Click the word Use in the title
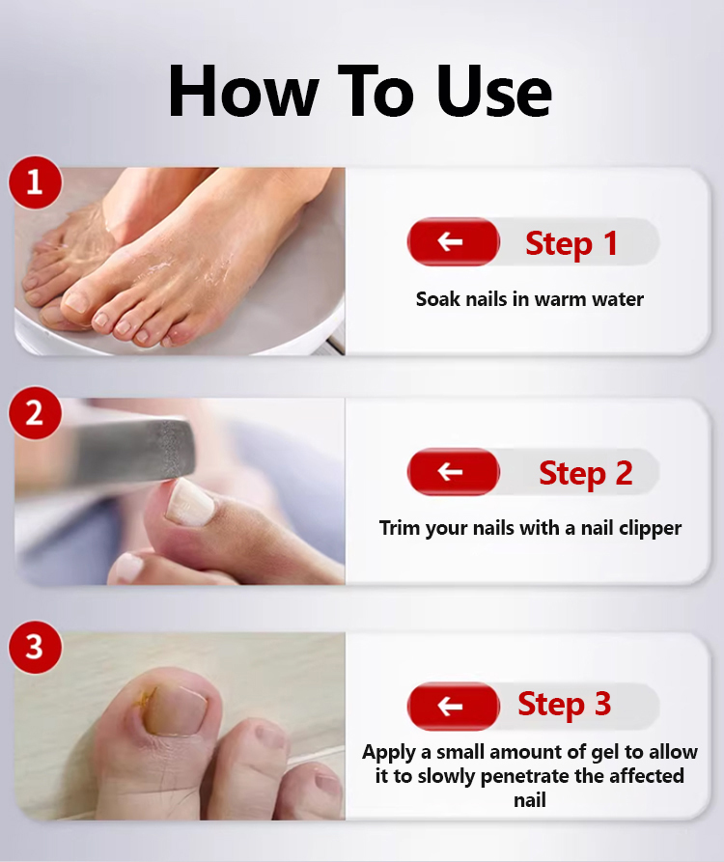coord(494,91)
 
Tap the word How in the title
coord(243,91)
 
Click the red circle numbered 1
coord(35,182)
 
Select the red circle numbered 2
coord(35,412)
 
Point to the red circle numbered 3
coord(35,647)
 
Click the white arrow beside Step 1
coord(450,241)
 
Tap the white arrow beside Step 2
coord(450,472)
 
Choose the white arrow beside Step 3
coord(450,707)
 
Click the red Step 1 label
coord(571,243)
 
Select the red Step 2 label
coord(585,473)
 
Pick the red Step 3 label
coord(564,705)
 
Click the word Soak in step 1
coord(438,299)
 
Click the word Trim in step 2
coord(400,528)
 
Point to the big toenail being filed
coord(189,501)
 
